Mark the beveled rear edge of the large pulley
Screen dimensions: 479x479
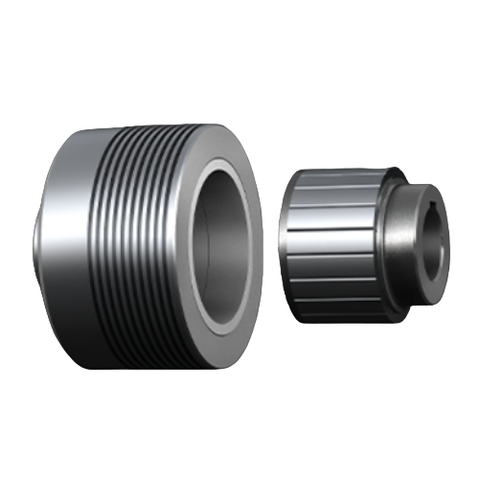pyautogui.click(x=39, y=239)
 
